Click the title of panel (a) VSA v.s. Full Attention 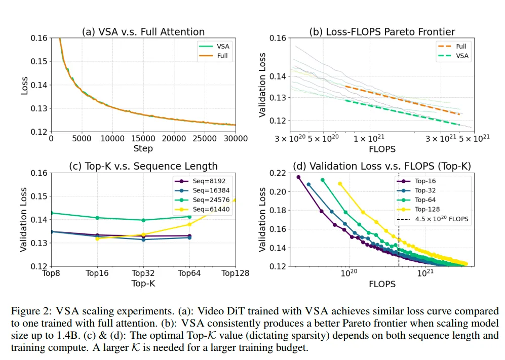pos(143,32)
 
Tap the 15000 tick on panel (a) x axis pos(143,139)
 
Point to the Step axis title pos(143,148)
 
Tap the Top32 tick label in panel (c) pos(143,273)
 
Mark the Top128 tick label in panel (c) pos(235,273)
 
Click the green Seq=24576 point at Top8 pos(51,213)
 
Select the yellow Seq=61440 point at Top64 pos(189,224)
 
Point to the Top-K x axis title pos(143,283)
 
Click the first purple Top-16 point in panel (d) pos(299,177)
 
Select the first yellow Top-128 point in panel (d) pos(340,184)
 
